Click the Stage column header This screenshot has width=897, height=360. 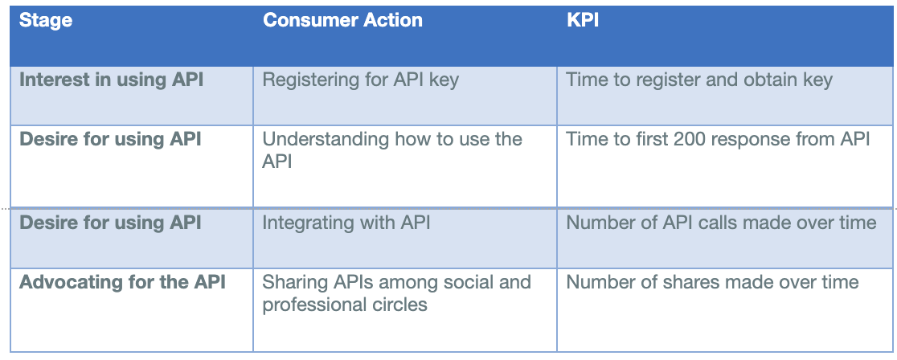[46, 21]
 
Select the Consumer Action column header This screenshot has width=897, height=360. [342, 21]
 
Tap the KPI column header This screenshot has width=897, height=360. [583, 21]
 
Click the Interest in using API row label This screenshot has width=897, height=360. [111, 80]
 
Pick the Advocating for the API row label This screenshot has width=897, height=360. [122, 282]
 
